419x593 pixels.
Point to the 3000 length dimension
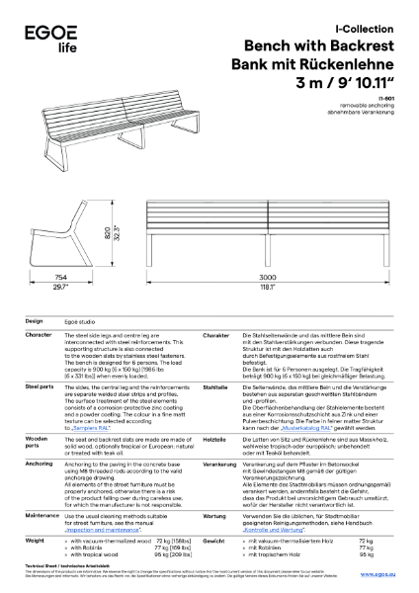268,279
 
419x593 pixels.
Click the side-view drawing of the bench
69,228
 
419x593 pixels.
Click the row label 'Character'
39,335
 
